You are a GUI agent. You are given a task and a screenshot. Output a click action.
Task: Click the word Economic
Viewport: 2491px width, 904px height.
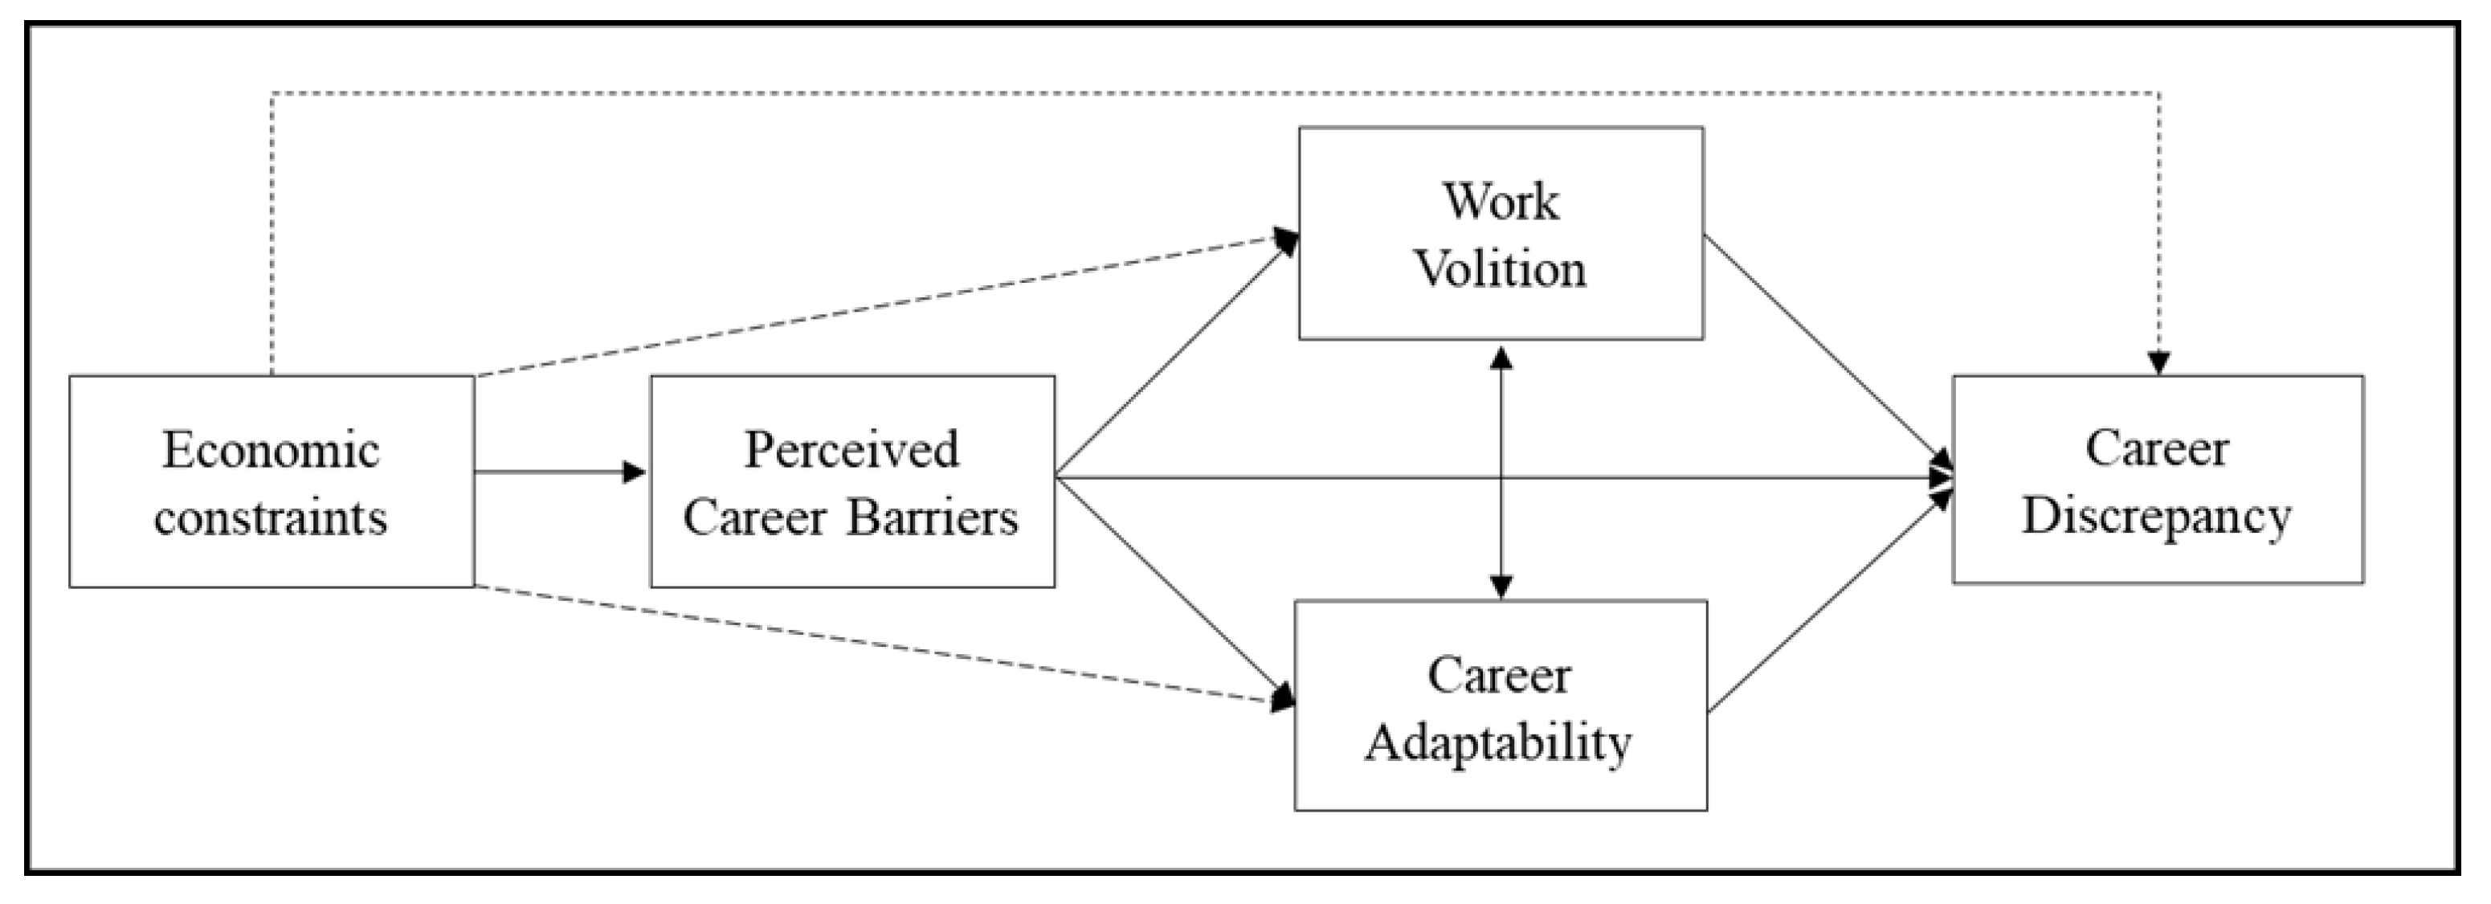point(271,451)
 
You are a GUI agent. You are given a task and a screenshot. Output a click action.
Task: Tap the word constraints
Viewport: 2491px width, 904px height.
point(271,518)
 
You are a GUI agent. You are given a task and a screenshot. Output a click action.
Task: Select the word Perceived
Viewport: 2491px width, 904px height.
point(851,451)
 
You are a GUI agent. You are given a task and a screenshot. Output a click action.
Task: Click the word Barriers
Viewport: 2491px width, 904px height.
point(933,518)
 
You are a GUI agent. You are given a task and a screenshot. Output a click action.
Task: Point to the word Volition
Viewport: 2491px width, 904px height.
point(1501,268)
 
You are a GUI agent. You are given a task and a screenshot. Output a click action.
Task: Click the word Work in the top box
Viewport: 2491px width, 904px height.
point(1501,202)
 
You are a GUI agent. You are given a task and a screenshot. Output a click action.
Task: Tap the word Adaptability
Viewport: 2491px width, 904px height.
point(1498,743)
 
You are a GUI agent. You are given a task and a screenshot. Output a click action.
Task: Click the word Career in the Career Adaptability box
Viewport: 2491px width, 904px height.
point(1499,676)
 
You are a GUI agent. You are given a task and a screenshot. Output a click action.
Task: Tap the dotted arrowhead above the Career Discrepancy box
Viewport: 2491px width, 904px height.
point(2159,363)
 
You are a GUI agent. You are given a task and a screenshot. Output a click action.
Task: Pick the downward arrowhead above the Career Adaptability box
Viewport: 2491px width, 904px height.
point(1501,586)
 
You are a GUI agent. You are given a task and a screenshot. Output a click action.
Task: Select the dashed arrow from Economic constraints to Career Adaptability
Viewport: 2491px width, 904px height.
point(870,642)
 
